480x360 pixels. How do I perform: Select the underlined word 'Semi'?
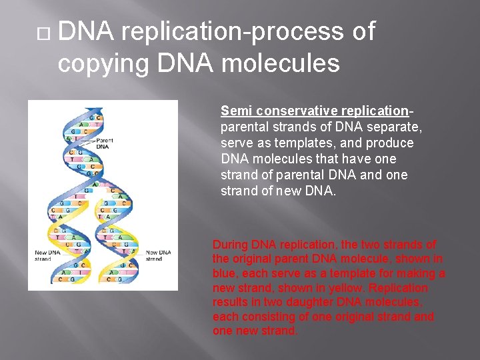235,111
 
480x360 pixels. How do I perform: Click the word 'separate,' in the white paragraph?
397,127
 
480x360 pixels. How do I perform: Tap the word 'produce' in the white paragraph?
393,143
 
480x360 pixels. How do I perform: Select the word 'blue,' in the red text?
227,273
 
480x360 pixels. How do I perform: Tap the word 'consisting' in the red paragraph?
271,317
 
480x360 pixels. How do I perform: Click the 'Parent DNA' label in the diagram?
105,143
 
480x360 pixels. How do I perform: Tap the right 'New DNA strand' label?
158,255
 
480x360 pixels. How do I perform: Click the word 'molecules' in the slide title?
280,63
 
